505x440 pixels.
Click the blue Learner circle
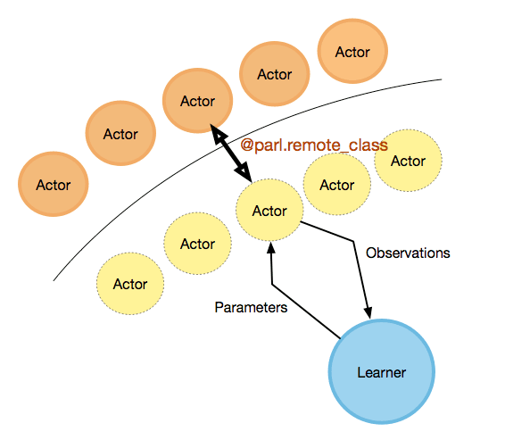click(382, 371)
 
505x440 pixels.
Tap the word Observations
click(408, 253)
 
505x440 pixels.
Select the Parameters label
click(251, 307)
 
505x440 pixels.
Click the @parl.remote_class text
click(314, 145)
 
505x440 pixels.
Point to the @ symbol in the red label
click(247, 145)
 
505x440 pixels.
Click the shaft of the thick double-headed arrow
click(230, 153)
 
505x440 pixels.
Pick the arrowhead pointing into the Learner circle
click(368, 313)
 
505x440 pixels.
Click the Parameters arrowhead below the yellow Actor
click(271, 248)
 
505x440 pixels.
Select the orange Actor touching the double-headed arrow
click(197, 101)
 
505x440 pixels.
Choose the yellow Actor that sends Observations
click(269, 210)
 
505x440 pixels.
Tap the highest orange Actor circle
click(352, 51)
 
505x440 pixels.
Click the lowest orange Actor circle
click(54, 184)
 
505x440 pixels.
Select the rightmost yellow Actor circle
click(408, 161)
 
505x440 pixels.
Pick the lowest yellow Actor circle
click(130, 284)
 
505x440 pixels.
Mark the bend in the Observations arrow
click(353, 241)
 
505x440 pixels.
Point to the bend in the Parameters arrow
click(272, 284)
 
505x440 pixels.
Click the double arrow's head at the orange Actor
click(218, 133)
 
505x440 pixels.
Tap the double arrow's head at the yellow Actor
click(244, 173)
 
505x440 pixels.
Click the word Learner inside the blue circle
click(382, 372)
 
